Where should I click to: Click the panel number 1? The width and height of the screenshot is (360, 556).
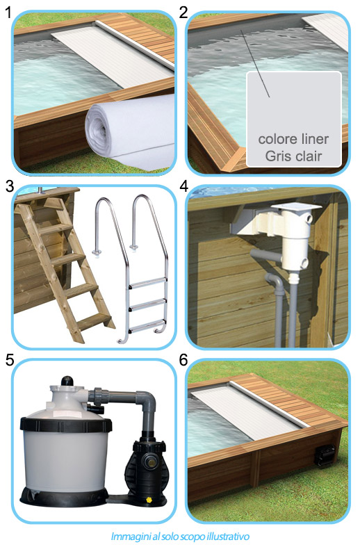click(8, 12)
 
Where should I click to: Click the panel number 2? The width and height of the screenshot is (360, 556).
click(183, 12)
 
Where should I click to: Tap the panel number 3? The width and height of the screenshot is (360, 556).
click(8, 186)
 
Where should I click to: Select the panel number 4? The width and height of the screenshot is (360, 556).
click(183, 186)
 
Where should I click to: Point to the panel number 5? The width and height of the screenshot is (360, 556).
click(8, 360)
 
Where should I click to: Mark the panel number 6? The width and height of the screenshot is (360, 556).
click(183, 360)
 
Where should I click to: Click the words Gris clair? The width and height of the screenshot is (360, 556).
click(293, 155)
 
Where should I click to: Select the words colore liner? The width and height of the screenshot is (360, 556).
click(293, 139)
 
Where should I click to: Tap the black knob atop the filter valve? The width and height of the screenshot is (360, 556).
click(67, 381)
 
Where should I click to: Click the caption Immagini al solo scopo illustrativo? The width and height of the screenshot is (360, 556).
click(180, 537)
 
